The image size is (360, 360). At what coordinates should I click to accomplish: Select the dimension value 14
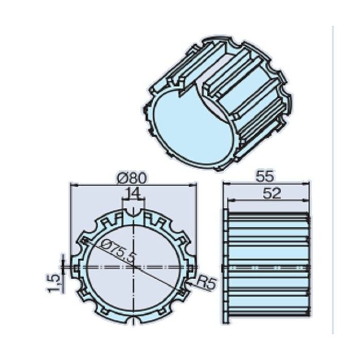[x=133, y=193]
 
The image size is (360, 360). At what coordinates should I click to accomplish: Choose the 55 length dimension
[x=265, y=176]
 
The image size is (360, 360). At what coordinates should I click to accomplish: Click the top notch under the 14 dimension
[x=133, y=210]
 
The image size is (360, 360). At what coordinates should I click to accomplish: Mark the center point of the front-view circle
[x=133, y=267]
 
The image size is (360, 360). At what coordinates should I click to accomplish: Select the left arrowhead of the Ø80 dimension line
[x=73, y=184]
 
